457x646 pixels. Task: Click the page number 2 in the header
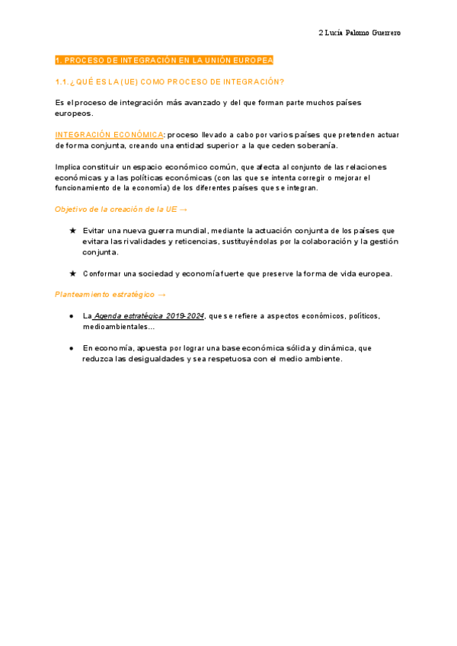pos(319,34)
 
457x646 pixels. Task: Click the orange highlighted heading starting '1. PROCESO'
pos(165,60)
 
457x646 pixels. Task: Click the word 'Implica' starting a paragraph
pos(68,167)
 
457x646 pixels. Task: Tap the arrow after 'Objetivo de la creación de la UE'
pos(184,209)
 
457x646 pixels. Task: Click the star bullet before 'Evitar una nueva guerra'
pos(72,230)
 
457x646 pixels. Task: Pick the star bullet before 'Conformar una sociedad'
pos(72,273)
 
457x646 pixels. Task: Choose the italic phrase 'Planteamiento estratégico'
pos(104,294)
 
